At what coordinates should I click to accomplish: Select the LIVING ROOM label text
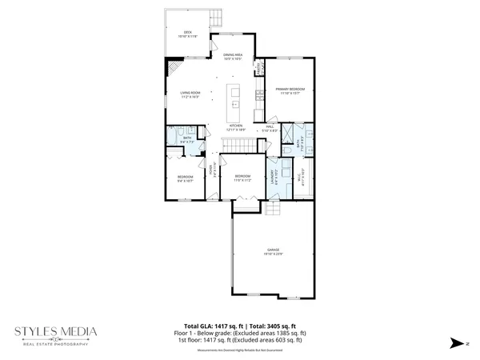189,94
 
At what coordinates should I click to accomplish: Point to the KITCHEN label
236,127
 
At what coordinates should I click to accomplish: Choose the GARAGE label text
274,251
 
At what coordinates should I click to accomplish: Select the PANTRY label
258,67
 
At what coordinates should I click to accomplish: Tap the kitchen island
234,94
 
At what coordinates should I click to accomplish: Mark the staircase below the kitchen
237,144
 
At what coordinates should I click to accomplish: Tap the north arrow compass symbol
453,342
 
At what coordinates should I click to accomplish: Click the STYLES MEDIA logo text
55,330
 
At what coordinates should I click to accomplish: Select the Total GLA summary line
240,326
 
